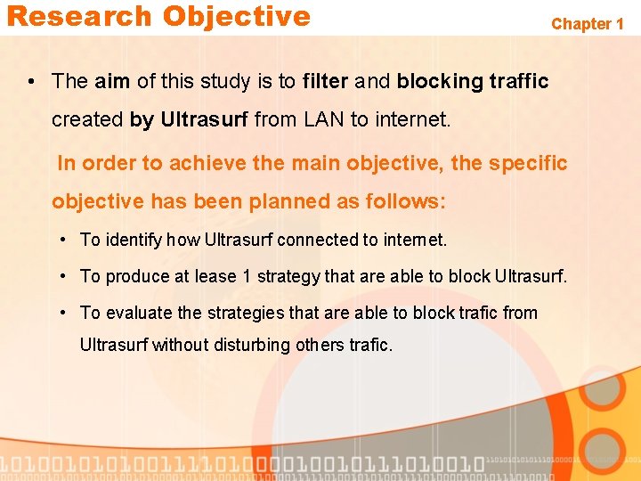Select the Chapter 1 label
(587, 24)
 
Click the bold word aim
(112, 81)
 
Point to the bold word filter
(325, 81)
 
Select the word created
(87, 119)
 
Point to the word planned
(290, 201)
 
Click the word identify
(134, 240)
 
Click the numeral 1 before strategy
(247, 276)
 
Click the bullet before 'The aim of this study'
(31, 82)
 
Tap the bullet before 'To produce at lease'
(66, 276)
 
